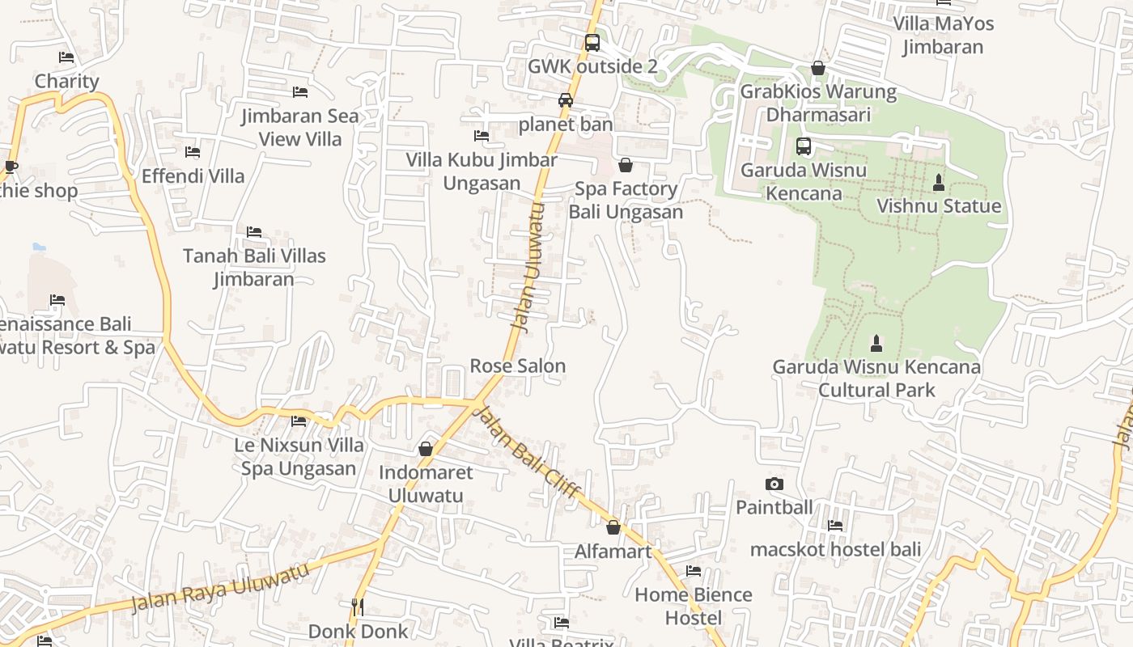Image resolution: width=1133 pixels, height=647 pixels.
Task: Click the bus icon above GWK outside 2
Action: pos(592,43)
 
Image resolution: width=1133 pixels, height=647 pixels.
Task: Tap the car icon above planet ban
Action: pos(565,100)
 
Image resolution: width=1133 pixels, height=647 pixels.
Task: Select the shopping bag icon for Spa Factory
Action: pos(626,166)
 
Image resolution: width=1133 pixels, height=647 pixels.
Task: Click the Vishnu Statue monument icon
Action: pos(939,183)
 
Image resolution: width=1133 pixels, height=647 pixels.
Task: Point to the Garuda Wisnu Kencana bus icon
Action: pos(804,146)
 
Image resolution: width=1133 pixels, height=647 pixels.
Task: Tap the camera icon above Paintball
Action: pos(774,484)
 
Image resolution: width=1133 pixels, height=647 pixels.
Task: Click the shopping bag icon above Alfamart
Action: pos(613,527)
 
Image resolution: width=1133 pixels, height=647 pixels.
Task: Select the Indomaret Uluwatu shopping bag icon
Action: pos(426,449)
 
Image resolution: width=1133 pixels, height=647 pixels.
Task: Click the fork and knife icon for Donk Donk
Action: pos(358,607)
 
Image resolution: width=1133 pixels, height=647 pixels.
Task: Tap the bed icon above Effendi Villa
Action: pos(193,151)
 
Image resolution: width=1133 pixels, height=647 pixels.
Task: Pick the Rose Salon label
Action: pos(518,366)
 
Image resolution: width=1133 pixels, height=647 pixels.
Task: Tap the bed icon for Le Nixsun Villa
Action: pos(299,421)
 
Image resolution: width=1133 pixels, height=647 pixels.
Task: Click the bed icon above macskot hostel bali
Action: pos(835,526)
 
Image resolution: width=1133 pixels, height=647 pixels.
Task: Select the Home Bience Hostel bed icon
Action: pos(694,571)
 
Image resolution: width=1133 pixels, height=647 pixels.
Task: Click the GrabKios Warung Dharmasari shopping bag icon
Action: pos(818,68)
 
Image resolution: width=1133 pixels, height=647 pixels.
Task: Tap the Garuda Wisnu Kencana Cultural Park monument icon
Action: pos(876,343)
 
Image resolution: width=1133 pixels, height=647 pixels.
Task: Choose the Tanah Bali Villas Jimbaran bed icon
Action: pos(254,232)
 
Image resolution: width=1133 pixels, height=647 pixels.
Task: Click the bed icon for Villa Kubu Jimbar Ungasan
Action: pos(482,136)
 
